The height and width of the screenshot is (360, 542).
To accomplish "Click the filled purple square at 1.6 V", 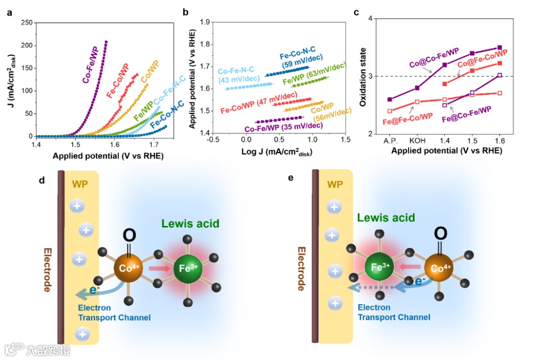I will tap(499, 48).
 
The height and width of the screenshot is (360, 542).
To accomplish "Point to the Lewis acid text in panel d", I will tap(190, 223).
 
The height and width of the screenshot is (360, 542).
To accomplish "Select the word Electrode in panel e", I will tap(301, 269).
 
